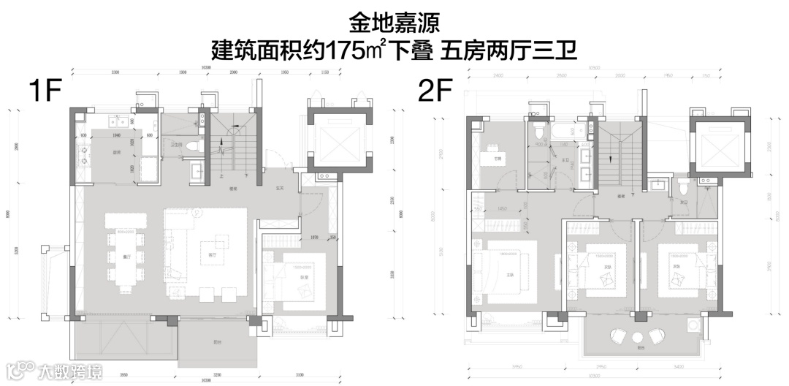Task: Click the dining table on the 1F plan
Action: pos(121,257)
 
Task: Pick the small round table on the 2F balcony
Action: pos(636,337)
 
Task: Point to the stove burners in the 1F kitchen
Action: pos(85,154)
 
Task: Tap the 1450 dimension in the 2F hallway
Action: pos(503,208)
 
